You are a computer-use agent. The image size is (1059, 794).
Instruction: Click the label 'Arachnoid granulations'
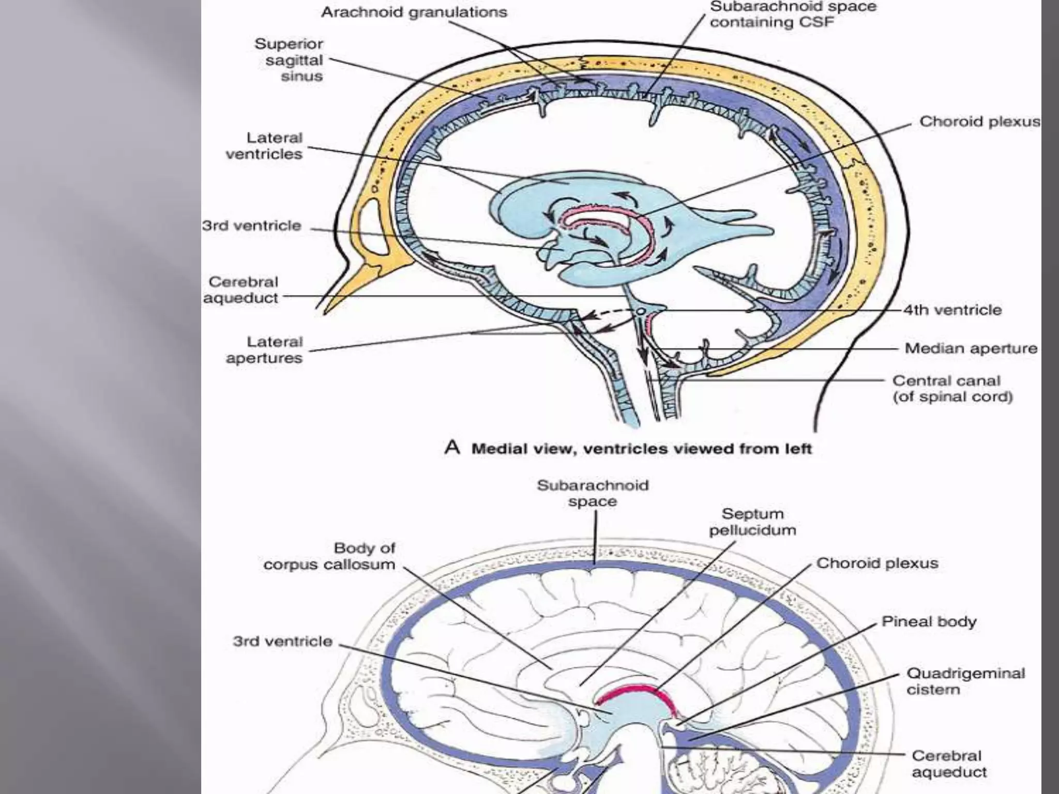(x=414, y=12)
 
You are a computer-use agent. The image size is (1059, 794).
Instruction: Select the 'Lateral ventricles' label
(x=264, y=146)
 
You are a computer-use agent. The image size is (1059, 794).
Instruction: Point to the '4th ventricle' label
(x=952, y=310)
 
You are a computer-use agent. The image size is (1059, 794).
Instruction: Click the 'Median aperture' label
(x=971, y=348)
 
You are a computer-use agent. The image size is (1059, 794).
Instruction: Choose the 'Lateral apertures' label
(x=264, y=350)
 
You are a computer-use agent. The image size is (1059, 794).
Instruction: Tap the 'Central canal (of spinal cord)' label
(x=952, y=389)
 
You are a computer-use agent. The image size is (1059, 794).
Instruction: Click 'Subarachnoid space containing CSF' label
(x=793, y=14)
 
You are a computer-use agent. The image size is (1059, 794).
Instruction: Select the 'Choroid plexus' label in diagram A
(x=979, y=122)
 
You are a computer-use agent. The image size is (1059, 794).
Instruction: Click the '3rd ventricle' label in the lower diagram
(x=282, y=642)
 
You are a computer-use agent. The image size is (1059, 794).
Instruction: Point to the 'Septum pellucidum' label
(x=752, y=522)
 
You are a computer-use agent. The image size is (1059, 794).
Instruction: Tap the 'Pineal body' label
(x=929, y=621)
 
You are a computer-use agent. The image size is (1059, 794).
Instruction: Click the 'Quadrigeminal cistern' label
(x=965, y=681)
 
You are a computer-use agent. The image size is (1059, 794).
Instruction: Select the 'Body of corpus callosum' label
(x=329, y=556)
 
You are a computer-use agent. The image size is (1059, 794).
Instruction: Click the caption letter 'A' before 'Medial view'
(x=452, y=448)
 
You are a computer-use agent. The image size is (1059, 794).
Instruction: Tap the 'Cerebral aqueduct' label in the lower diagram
(x=948, y=764)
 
